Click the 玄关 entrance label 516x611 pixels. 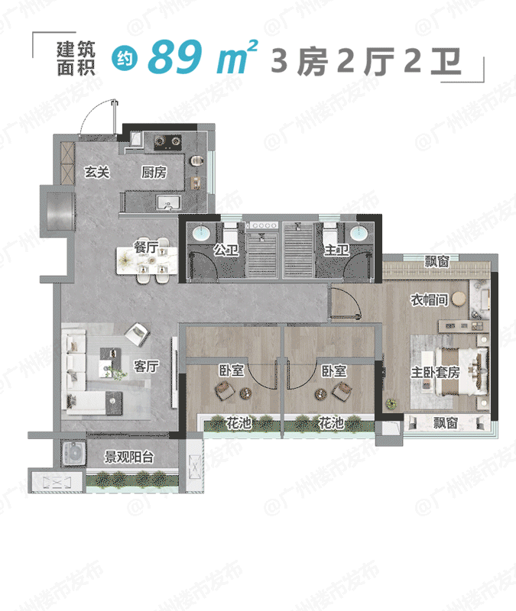pos(97,172)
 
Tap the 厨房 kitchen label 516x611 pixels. pos(154,172)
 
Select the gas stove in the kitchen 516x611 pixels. pos(167,142)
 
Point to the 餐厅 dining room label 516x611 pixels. pos(146,246)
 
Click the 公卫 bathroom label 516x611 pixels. pos(226,250)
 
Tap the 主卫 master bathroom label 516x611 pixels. pos(336,250)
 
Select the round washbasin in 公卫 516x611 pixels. pos(202,233)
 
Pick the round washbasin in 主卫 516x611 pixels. pos(359,233)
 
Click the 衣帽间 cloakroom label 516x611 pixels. pos(429,299)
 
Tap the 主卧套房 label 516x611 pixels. pos(435,372)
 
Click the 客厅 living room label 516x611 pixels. pos(146,366)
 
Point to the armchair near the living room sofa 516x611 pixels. pos(137,334)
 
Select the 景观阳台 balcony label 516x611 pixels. pos(128,457)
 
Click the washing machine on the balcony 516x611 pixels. pos(74,453)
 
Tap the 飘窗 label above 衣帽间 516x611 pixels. pos(436,261)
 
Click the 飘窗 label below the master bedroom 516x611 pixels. pos(445,422)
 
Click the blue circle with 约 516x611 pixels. pos(125,60)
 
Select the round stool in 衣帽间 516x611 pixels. pos(459,299)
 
